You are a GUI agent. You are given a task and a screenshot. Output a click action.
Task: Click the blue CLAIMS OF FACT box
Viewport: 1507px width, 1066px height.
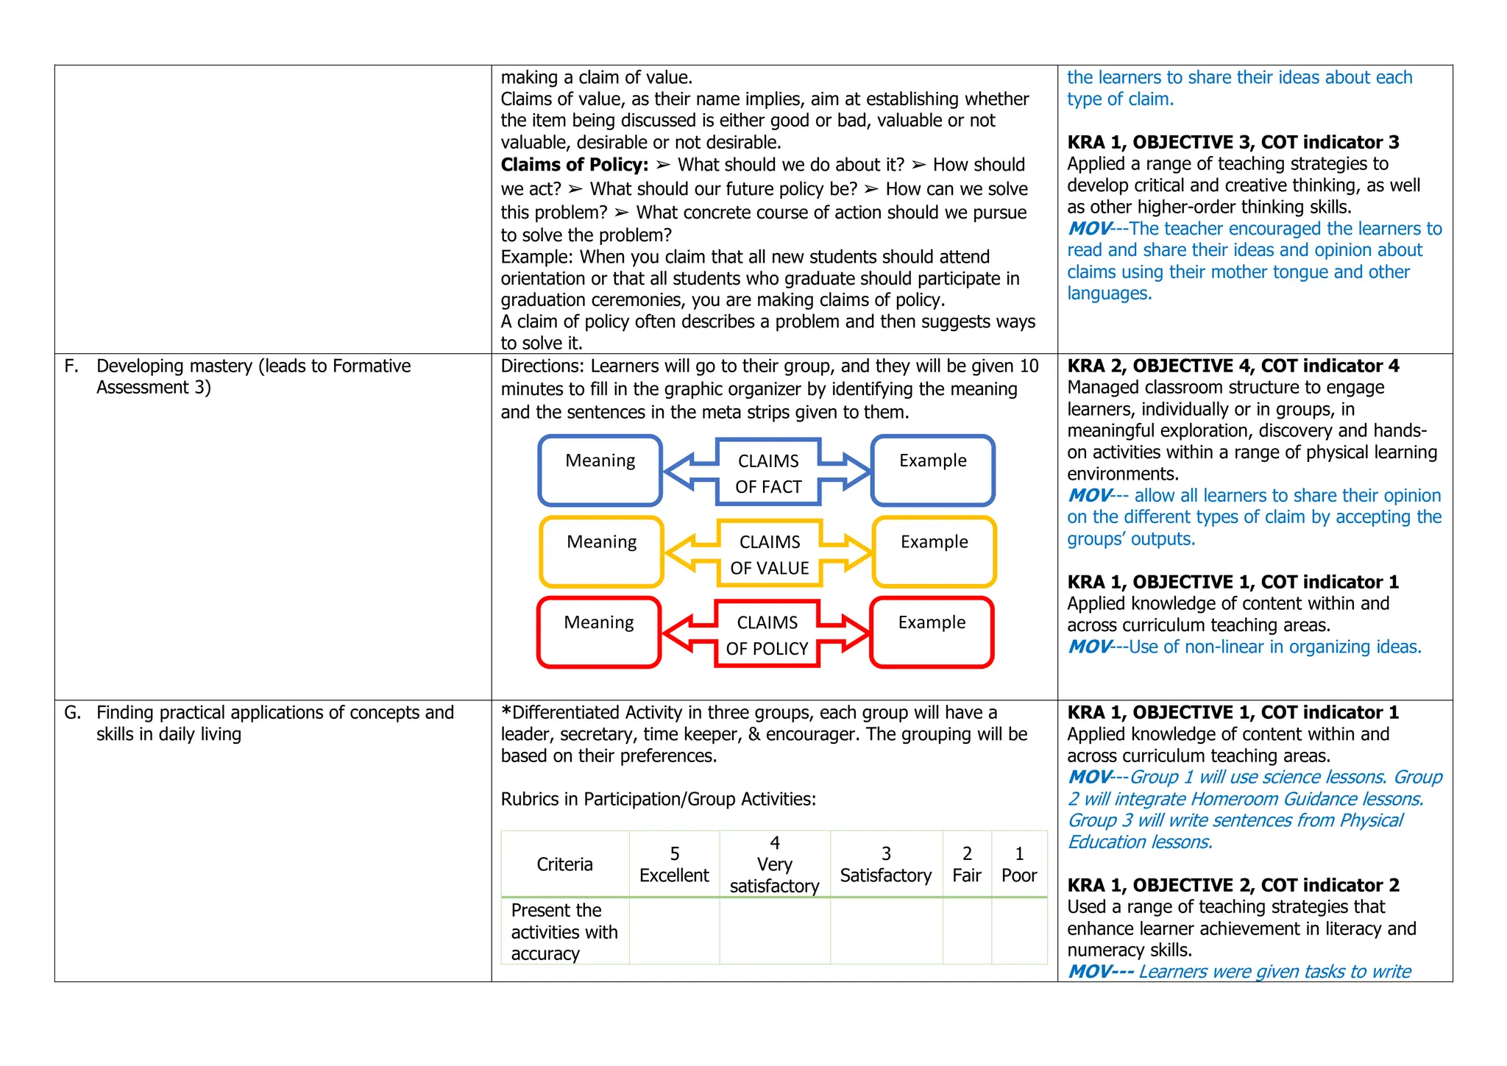[x=768, y=472]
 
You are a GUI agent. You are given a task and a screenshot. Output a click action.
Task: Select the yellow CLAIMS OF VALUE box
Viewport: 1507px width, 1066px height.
[x=770, y=554]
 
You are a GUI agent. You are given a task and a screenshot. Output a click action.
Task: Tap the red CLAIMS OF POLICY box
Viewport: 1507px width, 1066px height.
[x=767, y=635]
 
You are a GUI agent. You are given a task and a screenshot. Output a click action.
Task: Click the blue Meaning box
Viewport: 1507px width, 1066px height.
[x=600, y=471]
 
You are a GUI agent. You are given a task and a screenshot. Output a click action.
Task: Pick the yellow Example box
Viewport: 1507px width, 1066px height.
[x=934, y=552]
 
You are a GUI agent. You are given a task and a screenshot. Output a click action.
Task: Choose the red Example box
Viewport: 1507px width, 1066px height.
[x=932, y=633]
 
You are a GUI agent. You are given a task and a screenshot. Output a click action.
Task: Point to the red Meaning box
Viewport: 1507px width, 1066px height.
[x=599, y=633]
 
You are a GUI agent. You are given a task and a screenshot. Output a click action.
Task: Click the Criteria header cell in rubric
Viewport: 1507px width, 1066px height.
[x=564, y=864]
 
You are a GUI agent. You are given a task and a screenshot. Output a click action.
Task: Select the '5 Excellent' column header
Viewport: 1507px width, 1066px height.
[x=674, y=864]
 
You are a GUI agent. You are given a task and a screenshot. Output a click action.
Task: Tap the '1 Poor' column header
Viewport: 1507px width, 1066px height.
[x=1019, y=864]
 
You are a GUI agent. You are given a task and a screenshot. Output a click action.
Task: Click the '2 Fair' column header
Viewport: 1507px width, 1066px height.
[x=967, y=864]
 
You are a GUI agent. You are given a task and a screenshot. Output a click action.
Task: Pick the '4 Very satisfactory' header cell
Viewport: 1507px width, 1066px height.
[x=774, y=864]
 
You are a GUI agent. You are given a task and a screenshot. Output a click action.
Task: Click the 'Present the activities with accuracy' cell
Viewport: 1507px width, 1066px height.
[x=564, y=931]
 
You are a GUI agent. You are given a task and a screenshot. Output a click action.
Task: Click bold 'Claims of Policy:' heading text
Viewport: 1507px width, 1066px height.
[x=575, y=165]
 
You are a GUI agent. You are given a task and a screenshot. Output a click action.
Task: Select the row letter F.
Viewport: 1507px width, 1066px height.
[x=71, y=366]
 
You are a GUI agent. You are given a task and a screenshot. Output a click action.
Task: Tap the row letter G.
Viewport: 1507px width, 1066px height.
[x=72, y=712]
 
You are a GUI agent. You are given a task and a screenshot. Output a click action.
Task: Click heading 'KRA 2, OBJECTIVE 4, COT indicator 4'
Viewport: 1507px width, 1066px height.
[x=1233, y=366]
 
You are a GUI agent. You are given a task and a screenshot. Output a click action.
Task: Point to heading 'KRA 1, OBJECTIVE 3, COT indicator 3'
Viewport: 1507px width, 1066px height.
[x=1233, y=142]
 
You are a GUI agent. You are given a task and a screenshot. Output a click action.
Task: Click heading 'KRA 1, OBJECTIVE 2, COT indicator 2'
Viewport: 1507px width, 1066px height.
[x=1233, y=885]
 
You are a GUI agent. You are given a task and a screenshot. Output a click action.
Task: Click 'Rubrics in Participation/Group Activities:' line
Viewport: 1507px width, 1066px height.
[x=658, y=799]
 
